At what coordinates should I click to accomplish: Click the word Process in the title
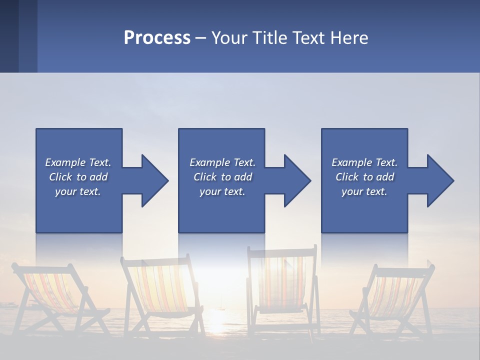coord(157,38)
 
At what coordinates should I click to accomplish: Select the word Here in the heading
coord(348,38)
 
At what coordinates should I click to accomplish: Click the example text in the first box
coord(78,177)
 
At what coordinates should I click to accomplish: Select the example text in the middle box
coord(222,177)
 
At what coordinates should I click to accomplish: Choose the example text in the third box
coord(364,177)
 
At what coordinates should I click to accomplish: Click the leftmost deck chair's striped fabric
coord(50,290)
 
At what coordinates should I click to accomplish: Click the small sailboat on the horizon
coord(220,304)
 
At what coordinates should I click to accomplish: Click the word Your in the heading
coord(229,38)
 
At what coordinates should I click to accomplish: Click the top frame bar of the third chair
coord(282,249)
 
